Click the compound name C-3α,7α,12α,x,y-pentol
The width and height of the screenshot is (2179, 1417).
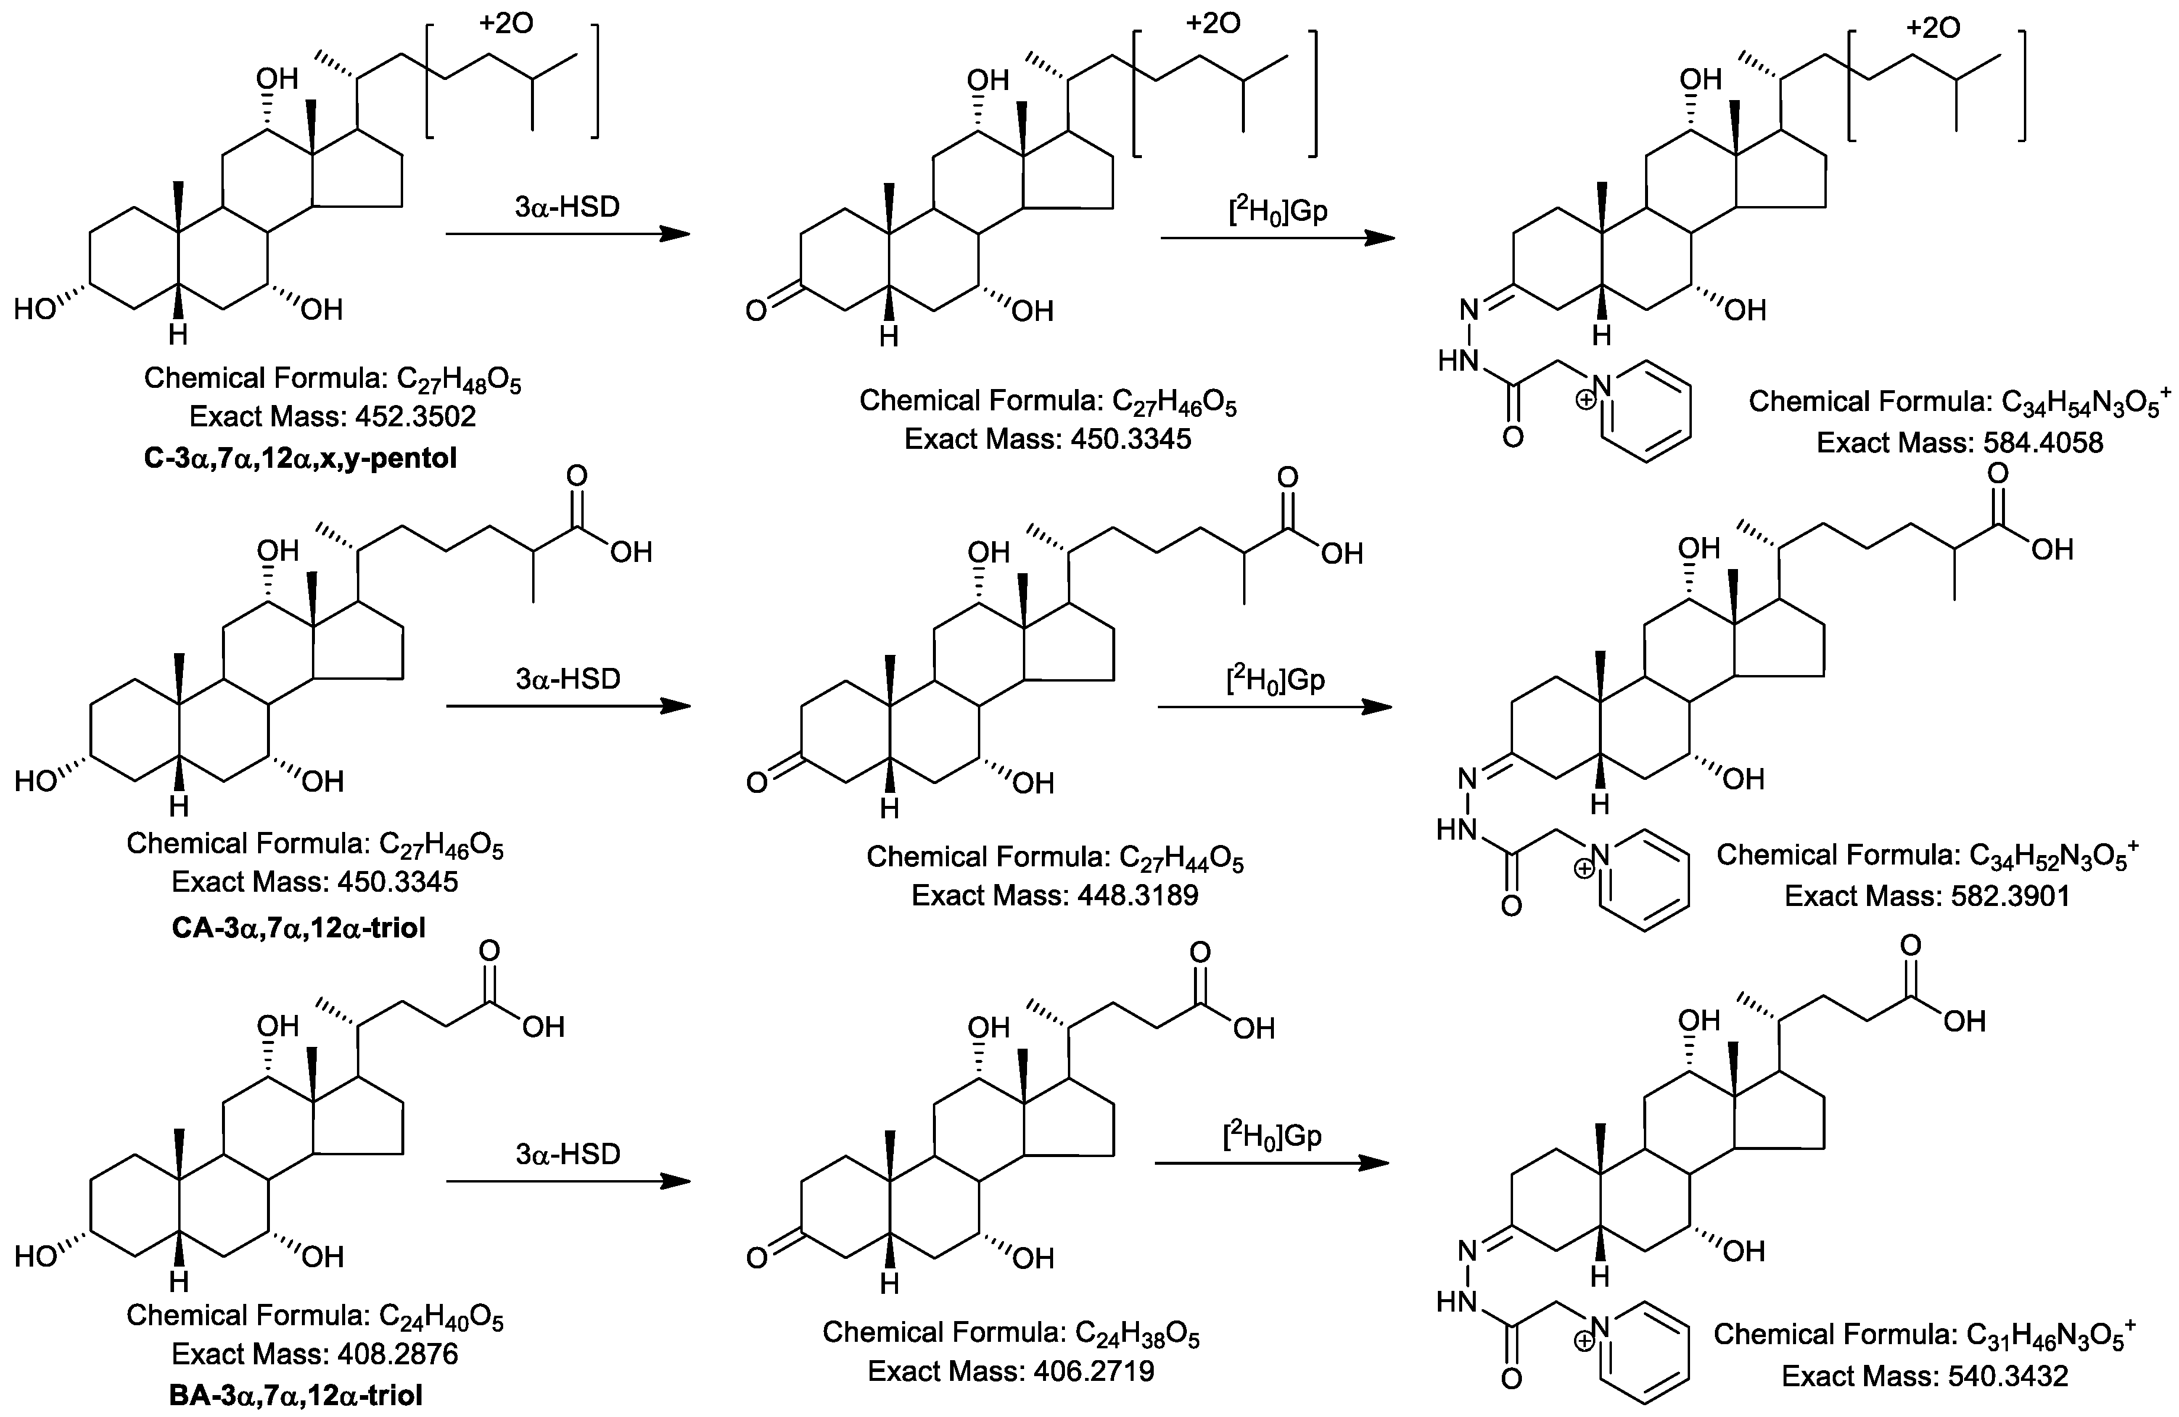300,458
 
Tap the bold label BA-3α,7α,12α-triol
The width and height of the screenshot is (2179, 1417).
297,1396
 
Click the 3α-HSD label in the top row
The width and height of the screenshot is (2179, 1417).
568,207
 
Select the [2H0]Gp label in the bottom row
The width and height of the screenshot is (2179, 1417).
1273,1136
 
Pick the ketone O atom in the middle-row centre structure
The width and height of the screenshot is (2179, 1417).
757,783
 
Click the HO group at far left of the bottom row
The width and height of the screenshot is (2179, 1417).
36,1256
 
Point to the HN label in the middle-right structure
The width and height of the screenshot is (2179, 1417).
1457,830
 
